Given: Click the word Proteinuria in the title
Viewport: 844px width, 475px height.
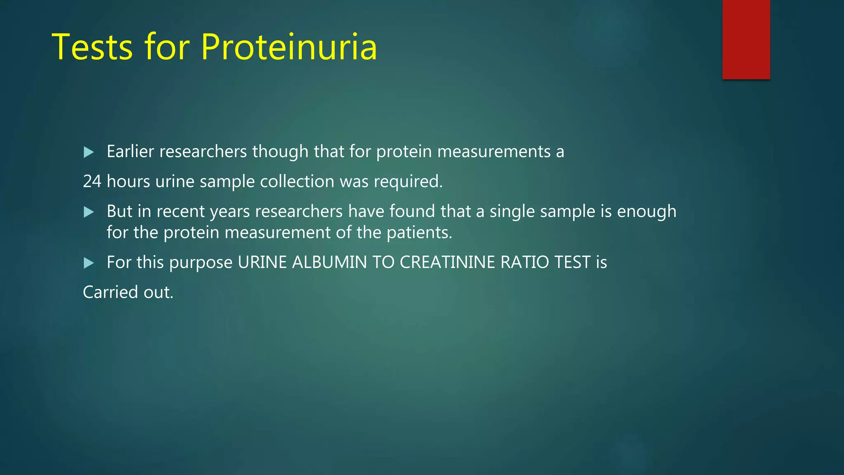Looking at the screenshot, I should pos(289,47).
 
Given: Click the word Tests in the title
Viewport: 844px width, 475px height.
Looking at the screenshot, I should pos(92,47).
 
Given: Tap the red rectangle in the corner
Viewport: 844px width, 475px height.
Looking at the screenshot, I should pos(746,39).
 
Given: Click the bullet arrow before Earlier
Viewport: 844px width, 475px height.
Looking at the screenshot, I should pos(89,152).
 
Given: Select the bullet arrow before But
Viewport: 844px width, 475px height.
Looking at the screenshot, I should pos(89,212).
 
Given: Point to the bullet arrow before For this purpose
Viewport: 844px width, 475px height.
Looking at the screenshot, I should pos(89,263).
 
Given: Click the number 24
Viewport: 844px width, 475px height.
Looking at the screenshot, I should pos(92,182).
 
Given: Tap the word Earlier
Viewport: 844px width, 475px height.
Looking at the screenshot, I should pos(130,152).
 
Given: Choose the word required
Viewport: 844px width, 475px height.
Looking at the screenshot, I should pos(408,182).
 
